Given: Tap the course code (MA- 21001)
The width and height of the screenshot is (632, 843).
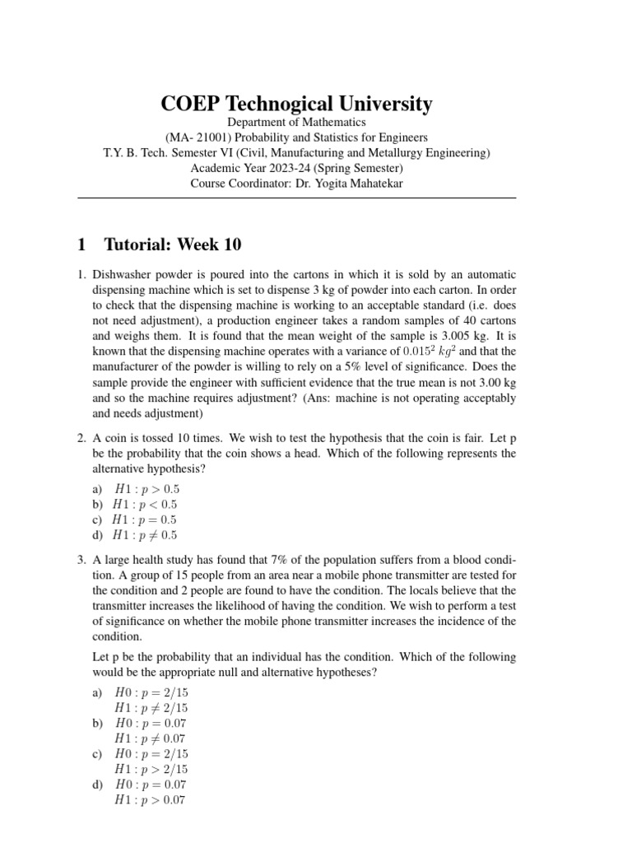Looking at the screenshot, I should coord(196,137).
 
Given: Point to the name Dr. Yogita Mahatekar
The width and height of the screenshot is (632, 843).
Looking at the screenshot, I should coord(345,183).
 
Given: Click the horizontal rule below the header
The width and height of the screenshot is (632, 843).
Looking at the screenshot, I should coord(296,198).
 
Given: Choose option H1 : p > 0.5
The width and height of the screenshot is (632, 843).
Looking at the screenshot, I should coord(146,489).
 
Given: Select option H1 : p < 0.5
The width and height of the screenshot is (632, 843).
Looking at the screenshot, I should coord(146,505).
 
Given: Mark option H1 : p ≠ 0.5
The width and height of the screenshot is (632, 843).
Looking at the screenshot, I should coord(146,536).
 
